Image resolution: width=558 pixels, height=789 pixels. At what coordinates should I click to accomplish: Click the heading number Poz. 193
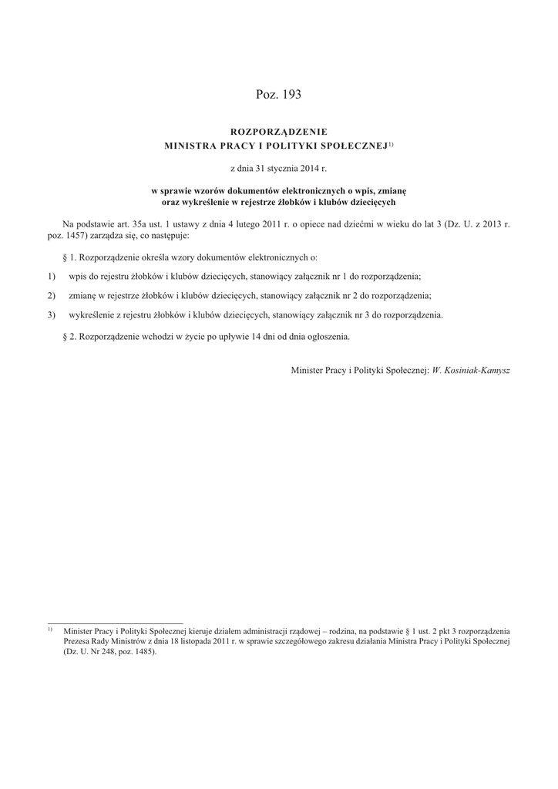(278, 95)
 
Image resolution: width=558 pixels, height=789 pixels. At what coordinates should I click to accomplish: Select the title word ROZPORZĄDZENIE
(279, 133)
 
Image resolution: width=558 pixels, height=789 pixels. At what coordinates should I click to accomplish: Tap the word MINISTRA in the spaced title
(193, 145)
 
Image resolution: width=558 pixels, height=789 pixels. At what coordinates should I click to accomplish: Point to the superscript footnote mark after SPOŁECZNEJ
(391, 143)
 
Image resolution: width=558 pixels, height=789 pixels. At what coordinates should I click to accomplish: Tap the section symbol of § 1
(65, 257)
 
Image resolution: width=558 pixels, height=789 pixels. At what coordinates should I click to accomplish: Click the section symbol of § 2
(65, 337)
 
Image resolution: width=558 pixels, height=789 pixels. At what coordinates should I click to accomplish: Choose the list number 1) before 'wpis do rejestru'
(52, 276)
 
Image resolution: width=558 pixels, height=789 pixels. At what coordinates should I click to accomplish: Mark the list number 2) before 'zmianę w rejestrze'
(52, 295)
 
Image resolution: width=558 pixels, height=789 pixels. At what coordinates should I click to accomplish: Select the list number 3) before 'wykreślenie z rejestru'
(52, 314)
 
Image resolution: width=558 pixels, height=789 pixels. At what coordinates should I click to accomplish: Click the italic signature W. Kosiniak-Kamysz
(471, 370)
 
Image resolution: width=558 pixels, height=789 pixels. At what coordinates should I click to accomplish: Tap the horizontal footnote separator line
(116, 622)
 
